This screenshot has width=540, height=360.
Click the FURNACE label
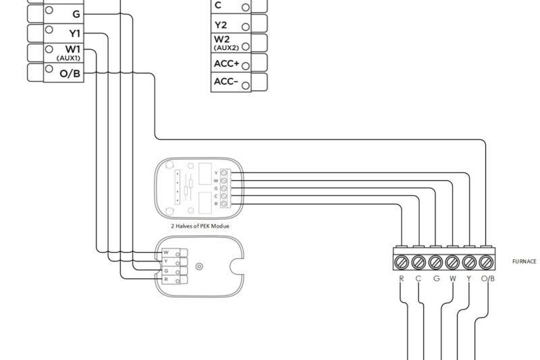(x=524, y=261)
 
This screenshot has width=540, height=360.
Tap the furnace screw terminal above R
(x=402, y=261)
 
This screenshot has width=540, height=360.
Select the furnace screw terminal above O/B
(x=486, y=261)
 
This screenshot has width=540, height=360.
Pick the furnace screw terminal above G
(x=435, y=261)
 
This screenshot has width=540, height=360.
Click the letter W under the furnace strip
(x=452, y=278)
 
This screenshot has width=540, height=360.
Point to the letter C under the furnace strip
(x=418, y=278)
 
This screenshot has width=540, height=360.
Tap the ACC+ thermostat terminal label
(x=226, y=63)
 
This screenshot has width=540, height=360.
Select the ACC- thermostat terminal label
(x=226, y=82)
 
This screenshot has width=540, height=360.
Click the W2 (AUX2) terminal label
(x=223, y=43)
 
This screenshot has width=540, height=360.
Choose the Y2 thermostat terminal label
(x=221, y=25)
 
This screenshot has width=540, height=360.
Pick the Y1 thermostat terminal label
(x=74, y=32)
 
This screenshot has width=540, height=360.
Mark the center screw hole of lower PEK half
(x=198, y=265)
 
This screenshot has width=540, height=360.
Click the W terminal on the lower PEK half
(x=166, y=252)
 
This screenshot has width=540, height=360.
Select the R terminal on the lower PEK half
(x=166, y=278)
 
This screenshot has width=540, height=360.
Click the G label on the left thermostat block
(x=76, y=13)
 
